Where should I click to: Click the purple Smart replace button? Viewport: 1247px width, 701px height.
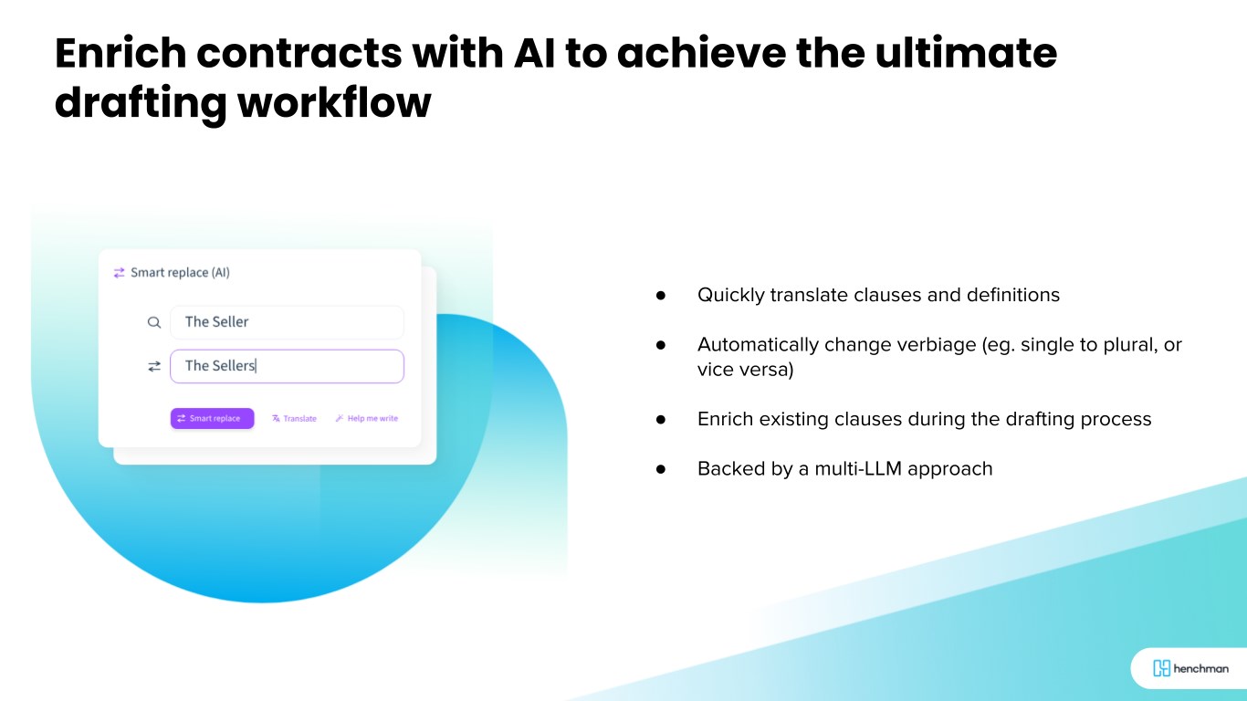coord(212,418)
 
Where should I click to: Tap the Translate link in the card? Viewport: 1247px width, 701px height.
coord(294,418)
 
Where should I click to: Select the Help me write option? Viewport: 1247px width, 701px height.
coord(367,418)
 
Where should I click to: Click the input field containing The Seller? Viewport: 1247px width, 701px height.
coord(287,322)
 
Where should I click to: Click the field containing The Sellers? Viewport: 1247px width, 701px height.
coord(287,366)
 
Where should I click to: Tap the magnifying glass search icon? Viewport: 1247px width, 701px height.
coord(153,322)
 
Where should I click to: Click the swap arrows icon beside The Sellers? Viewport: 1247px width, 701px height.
coord(153,366)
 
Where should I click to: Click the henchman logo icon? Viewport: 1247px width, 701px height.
coord(1161,668)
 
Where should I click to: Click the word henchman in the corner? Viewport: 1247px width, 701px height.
coord(1200,668)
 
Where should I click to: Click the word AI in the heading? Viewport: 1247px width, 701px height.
coord(534,54)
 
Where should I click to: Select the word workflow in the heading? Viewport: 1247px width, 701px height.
coord(334,103)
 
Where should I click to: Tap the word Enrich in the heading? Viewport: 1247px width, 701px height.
coord(121,54)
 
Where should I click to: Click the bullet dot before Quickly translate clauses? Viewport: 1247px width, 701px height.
coord(661,295)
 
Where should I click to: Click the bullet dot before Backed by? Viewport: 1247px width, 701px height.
coord(661,469)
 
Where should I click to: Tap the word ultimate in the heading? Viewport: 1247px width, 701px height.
coord(966,54)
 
